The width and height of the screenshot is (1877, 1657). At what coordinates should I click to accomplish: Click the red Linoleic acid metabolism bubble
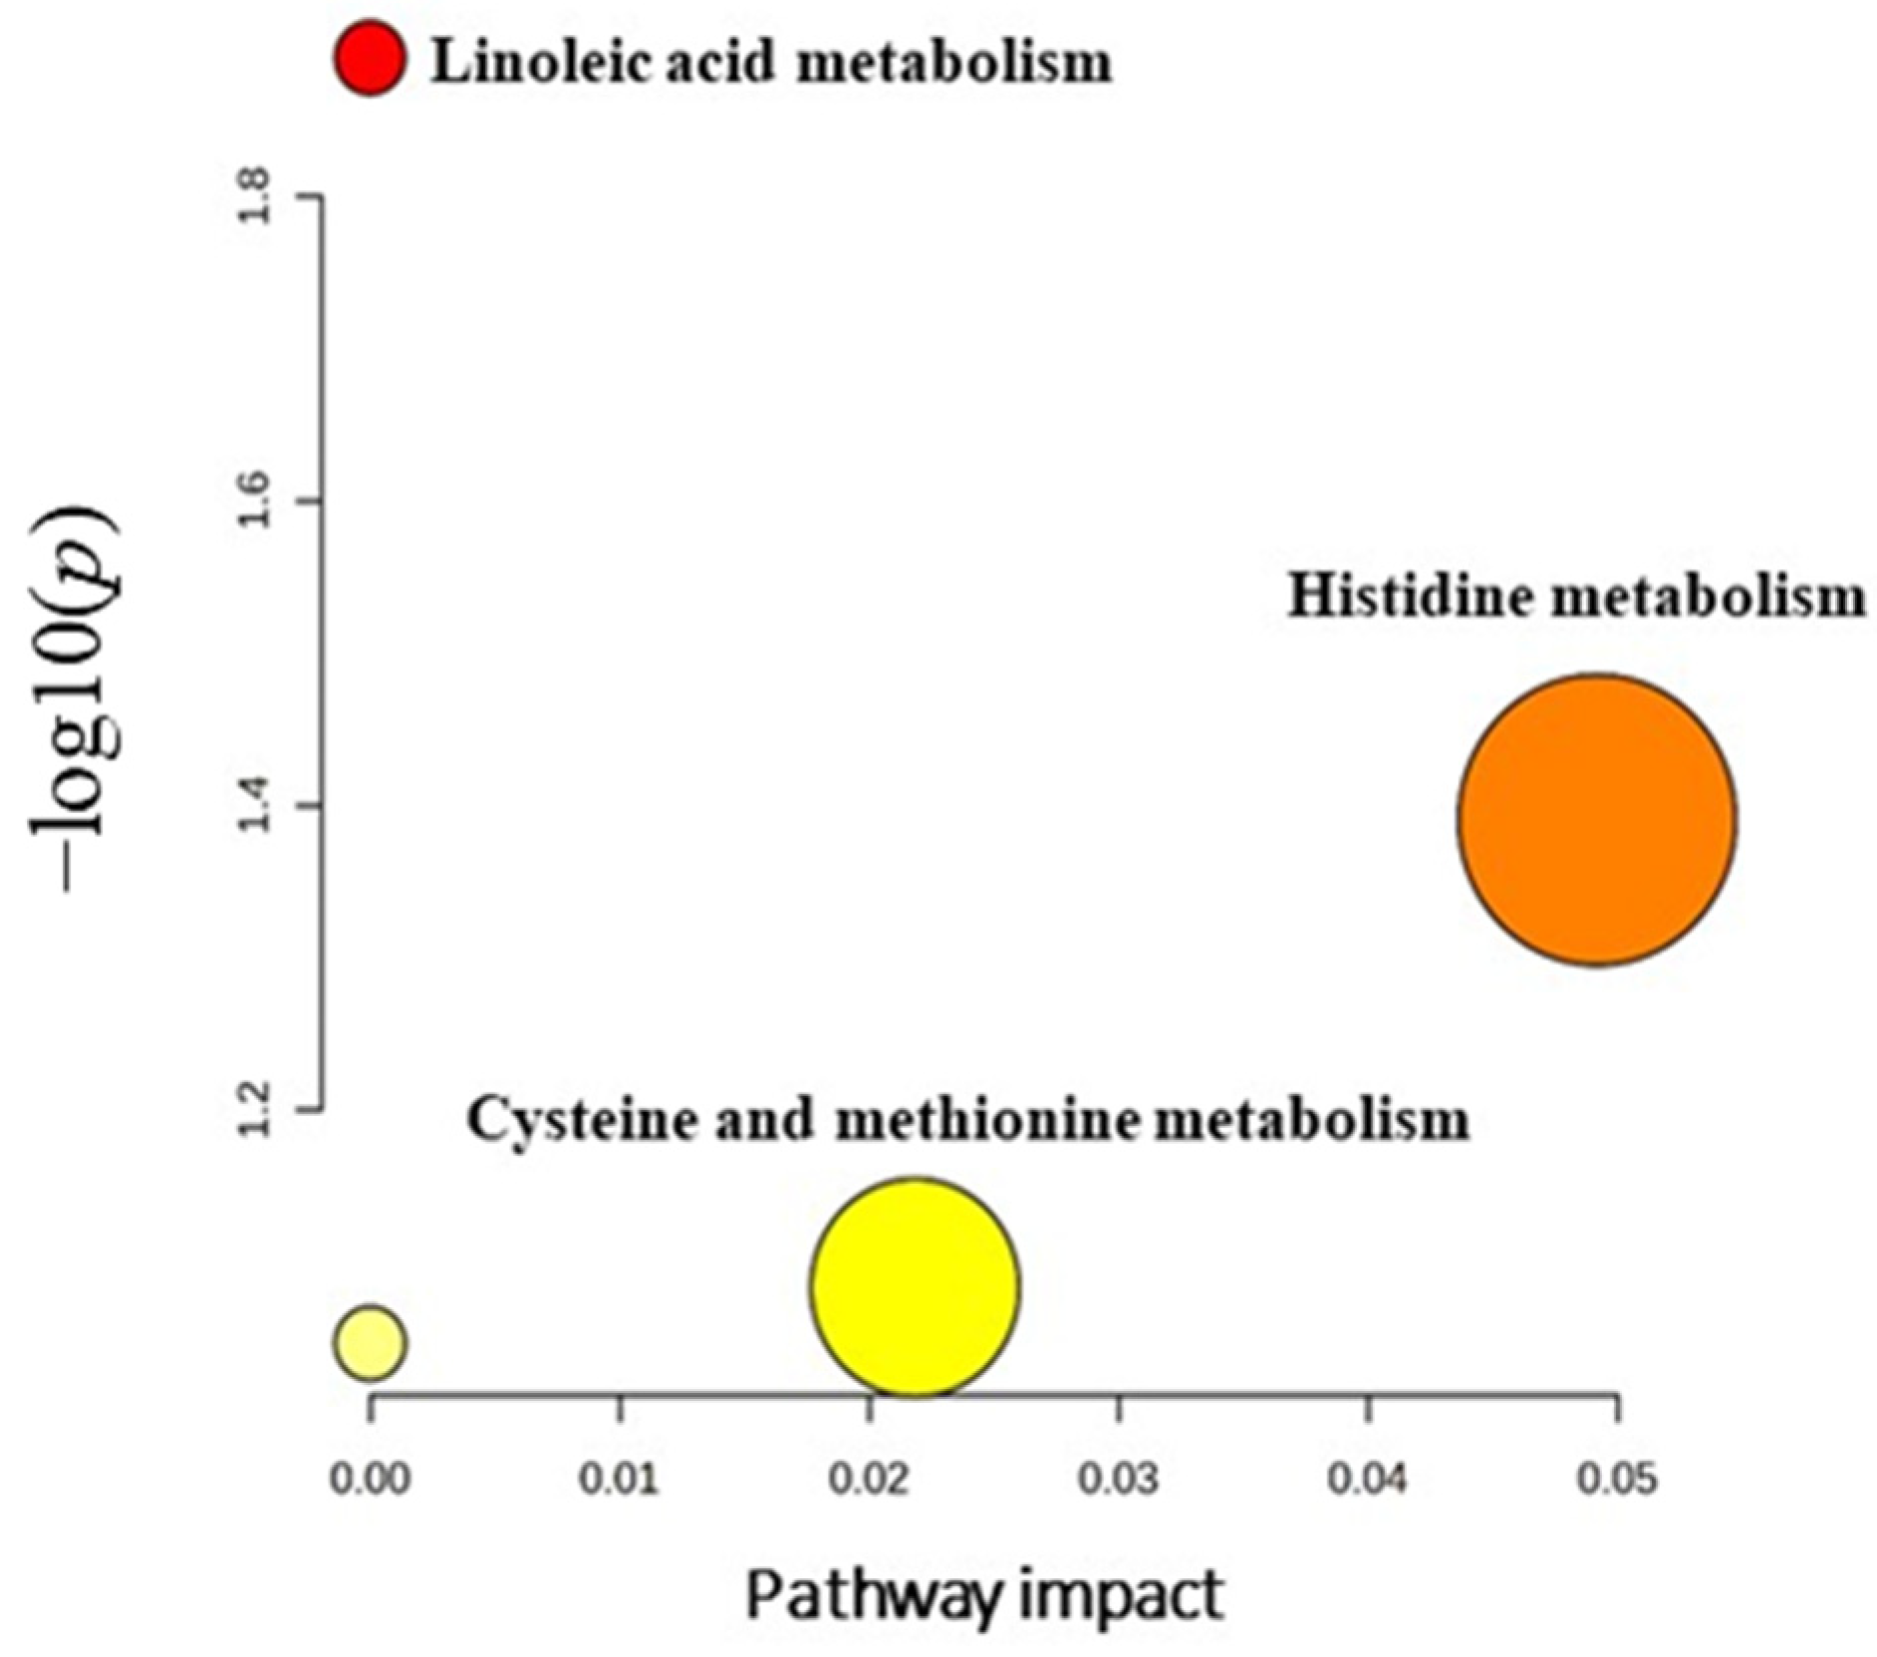tap(370, 58)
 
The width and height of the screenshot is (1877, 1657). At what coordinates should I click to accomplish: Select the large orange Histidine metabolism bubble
tap(1597, 819)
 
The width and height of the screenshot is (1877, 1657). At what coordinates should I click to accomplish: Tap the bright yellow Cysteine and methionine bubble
tap(915, 1285)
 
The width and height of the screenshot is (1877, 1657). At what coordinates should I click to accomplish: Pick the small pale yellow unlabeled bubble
tap(370, 1342)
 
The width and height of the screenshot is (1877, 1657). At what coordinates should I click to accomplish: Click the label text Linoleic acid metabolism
tap(770, 62)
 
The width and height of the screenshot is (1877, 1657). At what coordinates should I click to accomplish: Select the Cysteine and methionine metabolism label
tap(968, 1119)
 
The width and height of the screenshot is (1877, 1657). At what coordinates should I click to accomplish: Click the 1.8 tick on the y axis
tap(256, 196)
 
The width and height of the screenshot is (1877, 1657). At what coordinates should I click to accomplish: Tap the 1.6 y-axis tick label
tap(256, 500)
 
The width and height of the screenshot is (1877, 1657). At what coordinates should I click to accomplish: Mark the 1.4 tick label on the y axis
tap(256, 805)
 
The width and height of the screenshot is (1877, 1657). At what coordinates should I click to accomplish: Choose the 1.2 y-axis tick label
tap(256, 1108)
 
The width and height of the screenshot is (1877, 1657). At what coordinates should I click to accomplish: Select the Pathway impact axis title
tap(984, 1596)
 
